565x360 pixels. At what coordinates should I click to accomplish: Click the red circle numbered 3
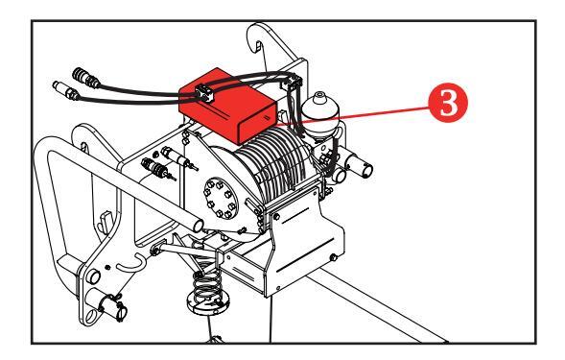[448, 103]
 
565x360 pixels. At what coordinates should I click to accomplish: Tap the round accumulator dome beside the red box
[320, 111]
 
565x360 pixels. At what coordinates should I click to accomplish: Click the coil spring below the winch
[206, 285]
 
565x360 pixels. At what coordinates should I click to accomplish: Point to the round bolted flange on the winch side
[221, 198]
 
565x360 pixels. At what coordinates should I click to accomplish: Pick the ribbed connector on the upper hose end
[85, 78]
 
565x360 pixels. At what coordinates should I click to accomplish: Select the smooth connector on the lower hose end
[65, 90]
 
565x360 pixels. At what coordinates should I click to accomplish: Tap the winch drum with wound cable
[273, 162]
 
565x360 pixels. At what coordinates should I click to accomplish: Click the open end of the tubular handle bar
[199, 226]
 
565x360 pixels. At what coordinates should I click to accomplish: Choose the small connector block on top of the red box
[204, 93]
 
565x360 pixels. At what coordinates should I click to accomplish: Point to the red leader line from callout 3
[354, 114]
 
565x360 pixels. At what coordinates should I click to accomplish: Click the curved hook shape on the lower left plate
[132, 264]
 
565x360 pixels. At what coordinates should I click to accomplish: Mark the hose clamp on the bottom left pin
[116, 306]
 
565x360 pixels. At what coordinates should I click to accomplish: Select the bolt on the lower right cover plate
[333, 257]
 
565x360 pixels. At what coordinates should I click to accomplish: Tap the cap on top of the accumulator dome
[318, 96]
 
